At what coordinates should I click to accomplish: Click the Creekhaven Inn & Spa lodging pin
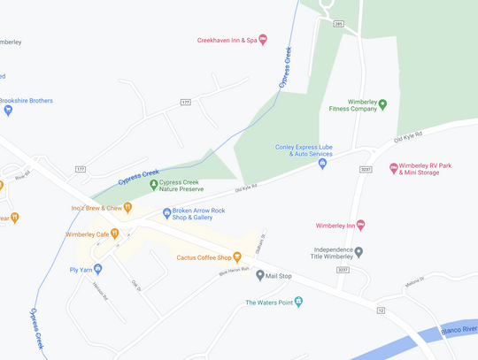pyautogui.click(x=262, y=40)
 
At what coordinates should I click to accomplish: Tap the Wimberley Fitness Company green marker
pyautogui.click(x=382, y=103)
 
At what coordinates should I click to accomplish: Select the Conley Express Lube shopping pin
pyautogui.click(x=322, y=164)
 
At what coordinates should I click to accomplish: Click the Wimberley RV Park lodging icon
pyautogui.click(x=394, y=167)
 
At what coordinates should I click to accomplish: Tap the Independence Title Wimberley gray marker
pyautogui.click(x=358, y=251)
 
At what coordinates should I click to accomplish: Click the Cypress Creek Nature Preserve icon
pyautogui.click(x=153, y=185)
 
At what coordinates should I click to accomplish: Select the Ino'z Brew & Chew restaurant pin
pyautogui.click(x=127, y=208)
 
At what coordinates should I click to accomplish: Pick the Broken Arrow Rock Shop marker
pyautogui.click(x=166, y=213)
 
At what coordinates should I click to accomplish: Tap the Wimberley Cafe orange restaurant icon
pyautogui.click(x=115, y=234)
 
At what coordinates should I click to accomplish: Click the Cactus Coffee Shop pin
pyautogui.click(x=236, y=257)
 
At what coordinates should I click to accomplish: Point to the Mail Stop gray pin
pyautogui.click(x=259, y=275)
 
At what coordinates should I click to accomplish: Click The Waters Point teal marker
pyautogui.click(x=298, y=303)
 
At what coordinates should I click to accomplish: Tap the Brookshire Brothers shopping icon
pyautogui.click(x=8, y=111)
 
